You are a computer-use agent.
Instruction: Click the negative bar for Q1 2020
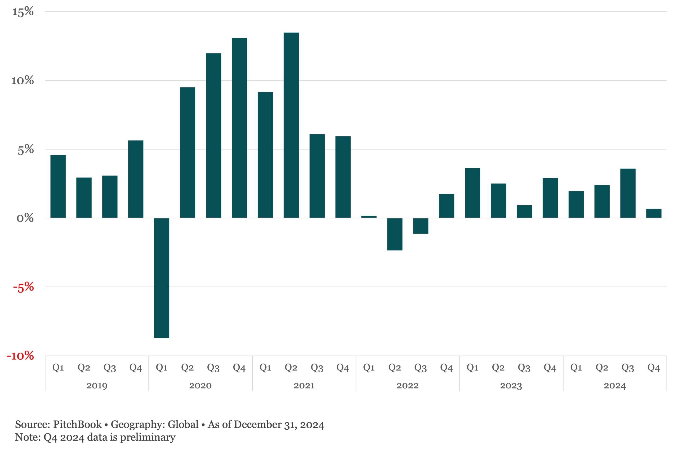click(162, 277)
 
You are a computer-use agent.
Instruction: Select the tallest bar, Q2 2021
click(291, 125)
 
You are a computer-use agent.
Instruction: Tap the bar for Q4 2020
click(239, 128)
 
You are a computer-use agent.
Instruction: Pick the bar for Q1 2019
click(58, 186)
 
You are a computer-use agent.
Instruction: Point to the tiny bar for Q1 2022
click(369, 217)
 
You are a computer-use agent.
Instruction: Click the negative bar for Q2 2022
click(395, 234)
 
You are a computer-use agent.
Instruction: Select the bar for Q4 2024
click(654, 213)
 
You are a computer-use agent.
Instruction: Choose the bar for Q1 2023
click(472, 193)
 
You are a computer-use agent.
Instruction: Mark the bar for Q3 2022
click(421, 226)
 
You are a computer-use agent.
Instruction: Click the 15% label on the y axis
click(23, 12)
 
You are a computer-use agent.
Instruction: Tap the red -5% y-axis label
click(23, 287)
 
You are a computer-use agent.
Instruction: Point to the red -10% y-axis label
click(20, 356)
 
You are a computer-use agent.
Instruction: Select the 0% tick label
click(25, 218)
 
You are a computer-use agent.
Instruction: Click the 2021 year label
click(304, 385)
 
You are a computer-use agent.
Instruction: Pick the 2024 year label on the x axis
click(615, 385)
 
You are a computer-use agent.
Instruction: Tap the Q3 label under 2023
click(524, 368)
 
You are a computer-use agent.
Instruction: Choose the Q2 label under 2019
click(84, 368)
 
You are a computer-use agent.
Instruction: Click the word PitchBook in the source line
click(77, 425)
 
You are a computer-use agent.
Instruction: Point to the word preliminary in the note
click(148, 437)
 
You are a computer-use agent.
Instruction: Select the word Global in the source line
click(183, 425)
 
